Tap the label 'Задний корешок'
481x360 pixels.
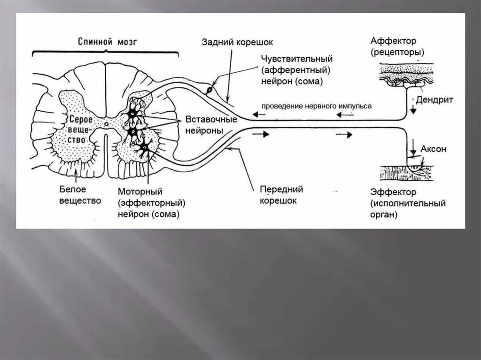point(237,43)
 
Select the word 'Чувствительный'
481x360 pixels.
point(297,59)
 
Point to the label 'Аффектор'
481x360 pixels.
point(393,41)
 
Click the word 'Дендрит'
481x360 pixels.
point(434,100)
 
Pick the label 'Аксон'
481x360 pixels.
point(433,149)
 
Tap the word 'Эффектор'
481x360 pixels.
point(393,192)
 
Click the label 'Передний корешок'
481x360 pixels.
point(281,195)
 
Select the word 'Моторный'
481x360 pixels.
point(140,192)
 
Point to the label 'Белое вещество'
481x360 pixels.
point(80,195)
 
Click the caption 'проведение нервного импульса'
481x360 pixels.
point(316,106)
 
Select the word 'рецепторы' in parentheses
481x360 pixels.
point(397,52)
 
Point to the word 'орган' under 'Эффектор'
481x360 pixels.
point(383,214)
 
